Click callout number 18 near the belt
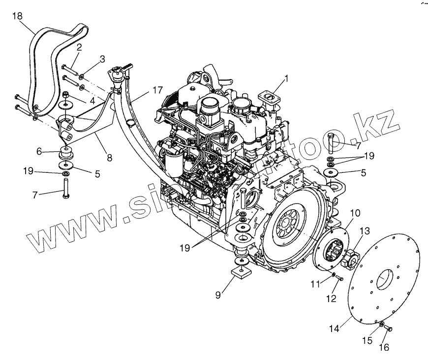pos(17,17)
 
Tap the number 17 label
pos(157,90)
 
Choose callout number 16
pos(384,348)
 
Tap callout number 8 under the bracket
pos(109,158)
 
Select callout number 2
pos(79,47)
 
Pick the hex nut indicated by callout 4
pos(66,94)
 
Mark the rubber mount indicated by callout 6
pos(66,149)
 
